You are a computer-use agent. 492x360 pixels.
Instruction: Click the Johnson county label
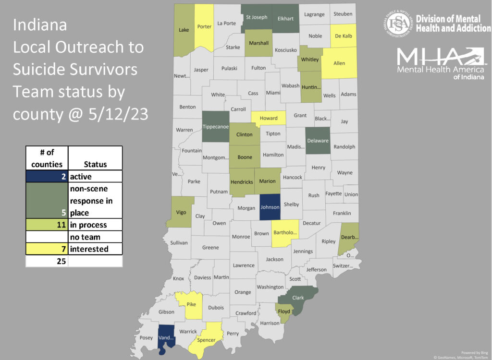click(x=270, y=208)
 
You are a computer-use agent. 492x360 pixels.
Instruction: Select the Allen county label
click(x=339, y=63)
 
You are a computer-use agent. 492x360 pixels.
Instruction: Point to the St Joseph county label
click(x=256, y=18)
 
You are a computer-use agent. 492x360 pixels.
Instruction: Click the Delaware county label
click(x=318, y=141)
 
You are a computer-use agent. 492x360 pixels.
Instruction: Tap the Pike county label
click(x=191, y=304)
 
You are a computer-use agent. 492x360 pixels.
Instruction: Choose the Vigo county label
click(x=181, y=212)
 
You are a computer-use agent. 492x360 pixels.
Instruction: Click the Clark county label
click(x=298, y=298)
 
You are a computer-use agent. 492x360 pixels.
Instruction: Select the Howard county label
click(x=268, y=118)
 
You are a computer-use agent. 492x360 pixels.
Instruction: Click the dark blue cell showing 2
click(x=47, y=177)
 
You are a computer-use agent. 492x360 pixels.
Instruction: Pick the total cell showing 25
click(x=47, y=261)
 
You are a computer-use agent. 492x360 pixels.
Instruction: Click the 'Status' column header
click(x=95, y=164)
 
